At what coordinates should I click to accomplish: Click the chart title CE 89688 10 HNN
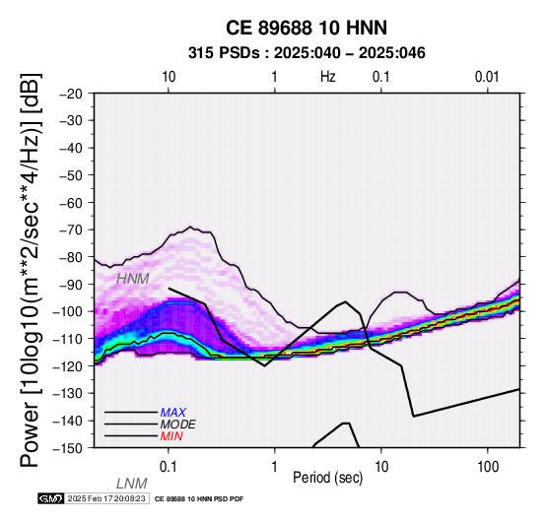(x=307, y=28)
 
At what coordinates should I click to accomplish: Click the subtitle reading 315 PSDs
(x=224, y=53)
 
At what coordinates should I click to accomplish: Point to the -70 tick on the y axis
(x=71, y=230)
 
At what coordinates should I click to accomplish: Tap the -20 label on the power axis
(x=71, y=94)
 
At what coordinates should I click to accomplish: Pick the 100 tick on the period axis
(x=488, y=467)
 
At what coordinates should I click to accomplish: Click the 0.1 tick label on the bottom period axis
(x=169, y=467)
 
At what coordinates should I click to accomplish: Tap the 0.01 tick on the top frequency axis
(x=487, y=77)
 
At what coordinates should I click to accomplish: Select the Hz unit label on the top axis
(x=327, y=77)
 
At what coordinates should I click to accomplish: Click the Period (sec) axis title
(x=327, y=478)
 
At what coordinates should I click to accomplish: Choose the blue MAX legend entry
(x=173, y=413)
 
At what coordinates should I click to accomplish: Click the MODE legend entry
(x=178, y=425)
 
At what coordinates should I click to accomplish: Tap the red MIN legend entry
(x=171, y=436)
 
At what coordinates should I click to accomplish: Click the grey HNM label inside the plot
(x=133, y=279)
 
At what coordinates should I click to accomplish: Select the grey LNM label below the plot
(x=132, y=484)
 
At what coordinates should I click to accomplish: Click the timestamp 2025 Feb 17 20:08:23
(x=106, y=499)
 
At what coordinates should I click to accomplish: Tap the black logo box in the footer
(x=51, y=499)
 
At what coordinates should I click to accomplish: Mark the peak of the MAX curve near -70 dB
(x=190, y=227)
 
